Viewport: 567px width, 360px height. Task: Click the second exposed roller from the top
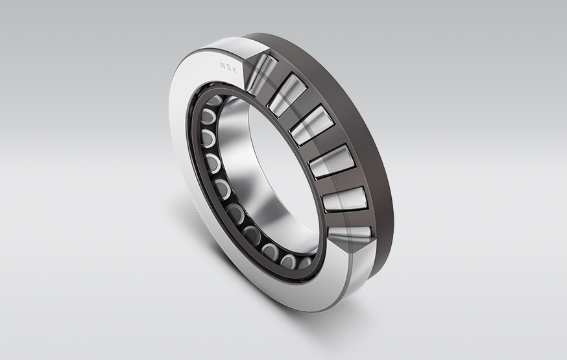[x=287, y=95]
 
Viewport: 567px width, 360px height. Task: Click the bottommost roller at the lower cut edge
[x=350, y=232]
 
